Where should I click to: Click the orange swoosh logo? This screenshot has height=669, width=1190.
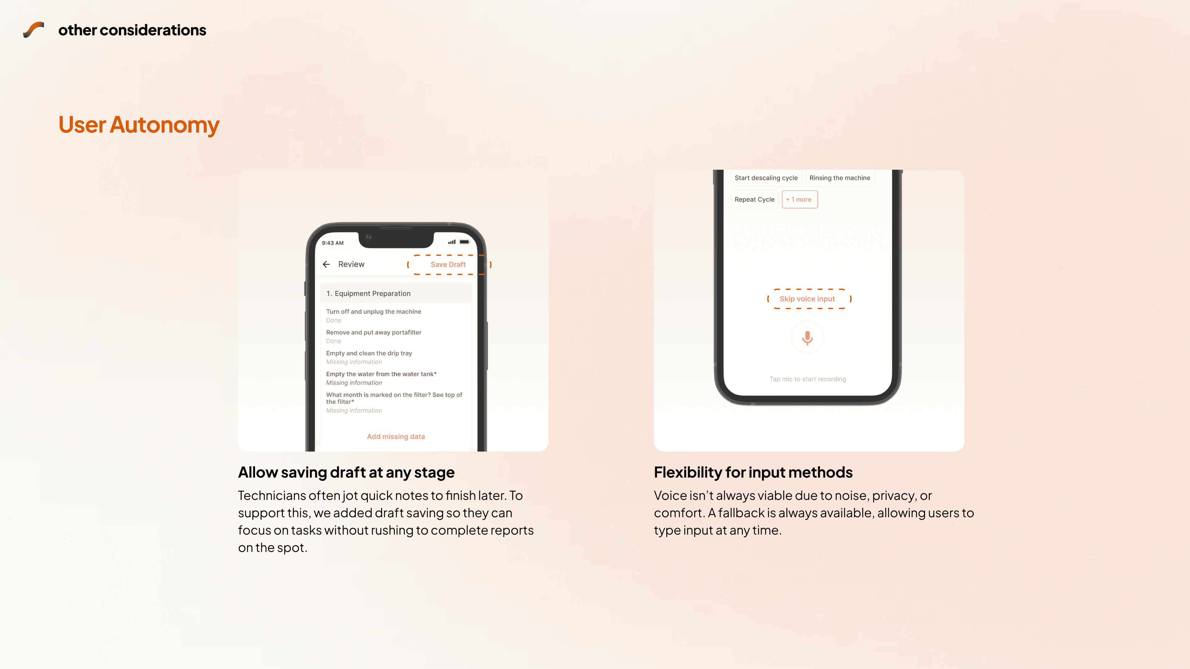pos(34,29)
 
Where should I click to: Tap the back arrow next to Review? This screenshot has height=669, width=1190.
pos(326,264)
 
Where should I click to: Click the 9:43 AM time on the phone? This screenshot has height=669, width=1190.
pos(333,243)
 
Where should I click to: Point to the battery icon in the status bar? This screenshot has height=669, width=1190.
pos(464,242)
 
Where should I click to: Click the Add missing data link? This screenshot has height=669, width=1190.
pos(396,437)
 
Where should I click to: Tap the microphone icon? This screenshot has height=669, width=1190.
pos(808,338)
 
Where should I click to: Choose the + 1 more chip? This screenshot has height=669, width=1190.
pos(800,199)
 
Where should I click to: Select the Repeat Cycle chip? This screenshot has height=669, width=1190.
pos(754,199)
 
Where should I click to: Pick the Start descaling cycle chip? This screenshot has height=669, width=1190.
pos(766,178)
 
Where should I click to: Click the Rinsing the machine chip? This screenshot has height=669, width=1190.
pos(840,178)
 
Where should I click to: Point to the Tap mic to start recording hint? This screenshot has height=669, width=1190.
pos(808,379)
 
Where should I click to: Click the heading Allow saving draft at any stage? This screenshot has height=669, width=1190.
pos(346,472)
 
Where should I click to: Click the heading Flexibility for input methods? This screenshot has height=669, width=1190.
pos(753,472)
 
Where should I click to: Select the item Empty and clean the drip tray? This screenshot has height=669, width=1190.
pos(369,353)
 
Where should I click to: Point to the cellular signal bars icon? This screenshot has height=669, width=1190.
pos(452,242)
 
